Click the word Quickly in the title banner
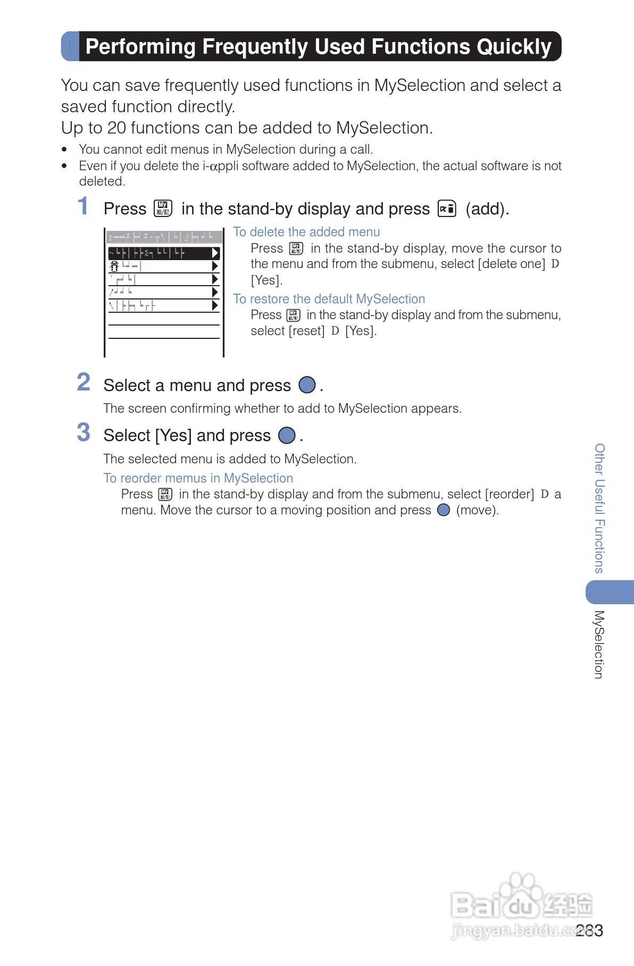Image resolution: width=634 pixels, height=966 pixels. [x=514, y=47]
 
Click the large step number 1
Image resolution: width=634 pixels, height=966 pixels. [x=83, y=206]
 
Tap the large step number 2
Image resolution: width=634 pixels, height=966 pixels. [x=84, y=382]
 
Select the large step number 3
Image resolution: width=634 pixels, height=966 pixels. [x=84, y=432]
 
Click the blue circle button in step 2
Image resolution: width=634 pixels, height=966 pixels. [x=307, y=385]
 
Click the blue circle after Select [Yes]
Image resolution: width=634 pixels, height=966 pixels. [x=287, y=435]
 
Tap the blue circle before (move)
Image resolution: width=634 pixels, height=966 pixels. [x=444, y=510]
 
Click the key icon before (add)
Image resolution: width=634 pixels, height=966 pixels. [x=447, y=209]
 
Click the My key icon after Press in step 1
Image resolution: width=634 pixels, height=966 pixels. [x=163, y=209]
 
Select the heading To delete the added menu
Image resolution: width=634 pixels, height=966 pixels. [x=306, y=232]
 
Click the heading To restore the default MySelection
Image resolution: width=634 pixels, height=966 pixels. [x=329, y=299]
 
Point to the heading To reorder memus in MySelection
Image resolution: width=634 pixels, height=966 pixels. [x=198, y=478]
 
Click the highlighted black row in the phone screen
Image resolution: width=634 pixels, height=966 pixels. [x=163, y=253]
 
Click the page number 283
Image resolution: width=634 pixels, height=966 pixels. [x=589, y=930]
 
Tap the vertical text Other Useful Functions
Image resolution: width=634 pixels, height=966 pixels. [x=599, y=508]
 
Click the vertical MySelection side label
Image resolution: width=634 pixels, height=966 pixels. [x=599, y=644]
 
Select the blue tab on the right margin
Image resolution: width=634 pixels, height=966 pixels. [x=610, y=592]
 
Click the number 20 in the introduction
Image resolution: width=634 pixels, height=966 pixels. [x=116, y=128]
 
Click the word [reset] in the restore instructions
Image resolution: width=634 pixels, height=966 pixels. [x=306, y=331]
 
